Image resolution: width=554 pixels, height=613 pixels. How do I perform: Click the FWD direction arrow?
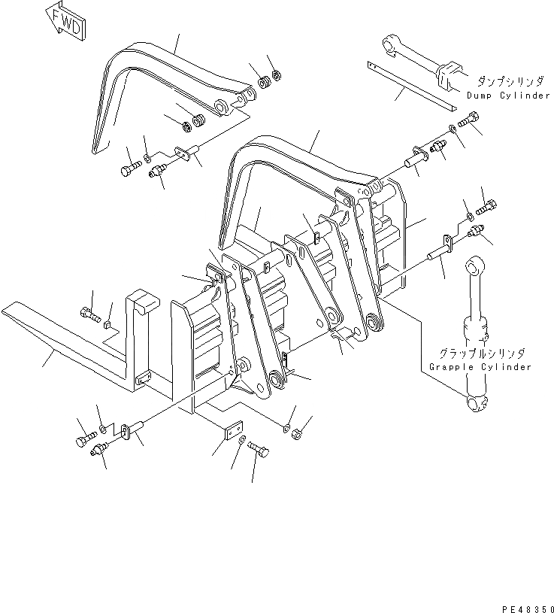[67, 22]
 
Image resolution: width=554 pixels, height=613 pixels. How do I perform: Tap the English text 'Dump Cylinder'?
[508, 96]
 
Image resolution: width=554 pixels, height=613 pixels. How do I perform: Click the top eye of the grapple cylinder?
[473, 266]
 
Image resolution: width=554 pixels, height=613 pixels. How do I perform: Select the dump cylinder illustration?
[421, 61]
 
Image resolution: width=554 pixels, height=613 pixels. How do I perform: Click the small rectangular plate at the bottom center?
[234, 429]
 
